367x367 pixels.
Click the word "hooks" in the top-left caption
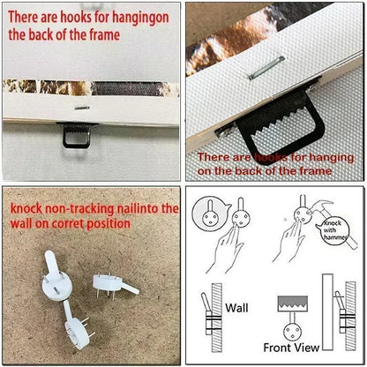(82, 18)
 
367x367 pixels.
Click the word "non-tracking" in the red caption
(88, 208)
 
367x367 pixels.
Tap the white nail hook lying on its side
(113, 281)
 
